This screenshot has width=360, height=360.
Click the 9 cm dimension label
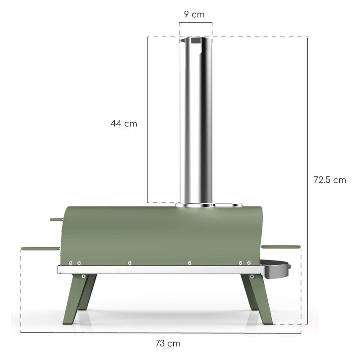click(194, 14)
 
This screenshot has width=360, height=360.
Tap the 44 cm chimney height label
click(124, 123)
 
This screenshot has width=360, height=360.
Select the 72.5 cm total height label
click(330, 180)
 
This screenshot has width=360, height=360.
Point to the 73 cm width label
click(168, 343)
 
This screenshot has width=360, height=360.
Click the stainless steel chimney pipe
click(196, 121)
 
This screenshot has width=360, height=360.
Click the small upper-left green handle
click(56, 220)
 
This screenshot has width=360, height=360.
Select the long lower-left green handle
click(40, 249)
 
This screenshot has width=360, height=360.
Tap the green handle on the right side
click(280, 247)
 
